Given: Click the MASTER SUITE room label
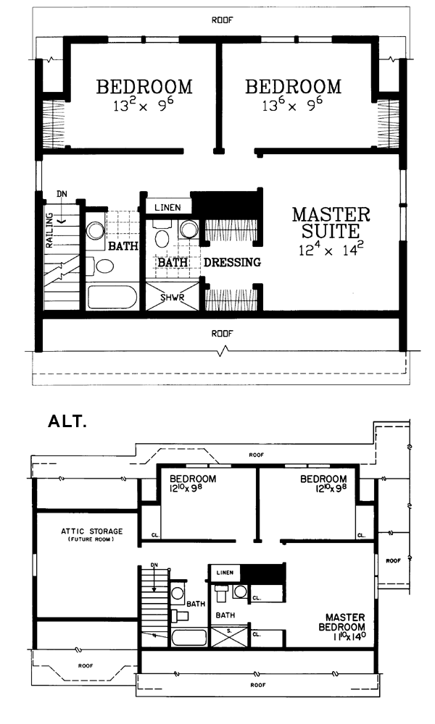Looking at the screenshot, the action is (x=331, y=222).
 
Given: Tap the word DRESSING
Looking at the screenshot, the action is (x=233, y=262).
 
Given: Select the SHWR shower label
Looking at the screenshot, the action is (x=173, y=298).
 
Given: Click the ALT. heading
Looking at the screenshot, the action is (x=67, y=421).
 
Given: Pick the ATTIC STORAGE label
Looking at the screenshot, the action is (x=92, y=531).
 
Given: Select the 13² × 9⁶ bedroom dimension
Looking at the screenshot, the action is (x=144, y=106).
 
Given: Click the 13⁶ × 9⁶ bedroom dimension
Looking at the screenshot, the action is (x=292, y=106).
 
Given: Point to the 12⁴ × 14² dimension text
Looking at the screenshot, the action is (x=331, y=249).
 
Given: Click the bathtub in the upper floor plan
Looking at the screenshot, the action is (x=112, y=298).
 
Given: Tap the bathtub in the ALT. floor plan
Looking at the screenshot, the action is (x=189, y=638).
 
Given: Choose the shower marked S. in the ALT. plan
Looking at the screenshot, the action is (x=230, y=636).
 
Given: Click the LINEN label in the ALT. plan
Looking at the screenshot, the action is (x=225, y=573).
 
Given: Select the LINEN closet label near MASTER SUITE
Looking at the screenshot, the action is (x=167, y=207).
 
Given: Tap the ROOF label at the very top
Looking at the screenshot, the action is (x=223, y=20).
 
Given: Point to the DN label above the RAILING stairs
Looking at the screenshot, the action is (x=62, y=194).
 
